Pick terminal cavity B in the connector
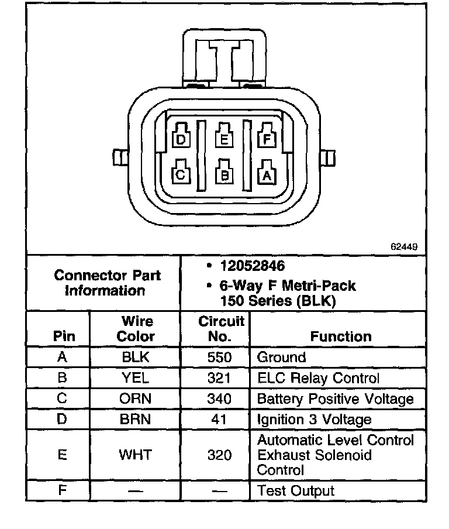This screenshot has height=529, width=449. (224, 174)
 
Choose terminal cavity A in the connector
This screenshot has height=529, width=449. (267, 174)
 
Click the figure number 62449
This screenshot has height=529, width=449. (404, 247)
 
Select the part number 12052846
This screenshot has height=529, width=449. (252, 266)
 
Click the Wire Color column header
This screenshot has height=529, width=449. (136, 329)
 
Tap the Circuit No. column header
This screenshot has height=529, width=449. (221, 329)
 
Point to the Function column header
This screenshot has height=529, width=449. (341, 336)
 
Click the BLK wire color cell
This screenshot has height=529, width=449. (136, 358)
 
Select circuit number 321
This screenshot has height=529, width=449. (220, 379)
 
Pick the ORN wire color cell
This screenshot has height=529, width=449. (136, 399)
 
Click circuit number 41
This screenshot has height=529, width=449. (220, 420)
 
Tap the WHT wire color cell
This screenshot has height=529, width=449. (136, 455)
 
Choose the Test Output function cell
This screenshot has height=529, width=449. (296, 491)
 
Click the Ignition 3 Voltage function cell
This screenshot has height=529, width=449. (315, 420)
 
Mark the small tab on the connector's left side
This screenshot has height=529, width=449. (119, 157)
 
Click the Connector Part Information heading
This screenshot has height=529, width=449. (107, 283)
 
